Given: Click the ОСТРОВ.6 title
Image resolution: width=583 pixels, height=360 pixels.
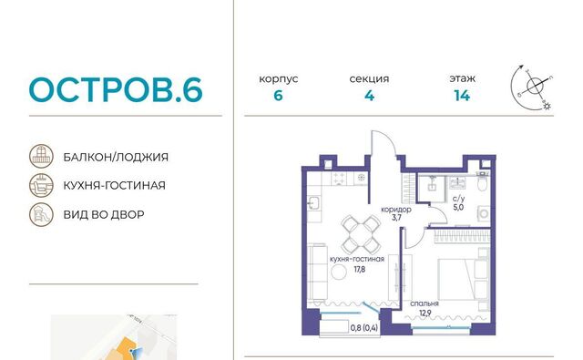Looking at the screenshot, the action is (x=116, y=89).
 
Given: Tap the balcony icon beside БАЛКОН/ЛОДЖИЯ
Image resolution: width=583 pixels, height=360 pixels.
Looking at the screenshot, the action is (x=41, y=156).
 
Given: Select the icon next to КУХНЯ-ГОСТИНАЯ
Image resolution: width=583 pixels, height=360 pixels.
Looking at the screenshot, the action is (x=41, y=185).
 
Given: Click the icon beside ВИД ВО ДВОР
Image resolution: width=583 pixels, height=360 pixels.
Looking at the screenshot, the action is (x=41, y=214).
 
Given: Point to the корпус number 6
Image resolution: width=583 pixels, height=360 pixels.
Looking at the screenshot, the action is (x=278, y=96).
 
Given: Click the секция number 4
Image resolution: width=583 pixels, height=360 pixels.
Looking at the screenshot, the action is (x=369, y=96).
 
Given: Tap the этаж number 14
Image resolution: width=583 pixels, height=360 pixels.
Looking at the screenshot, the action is (x=462, y=96).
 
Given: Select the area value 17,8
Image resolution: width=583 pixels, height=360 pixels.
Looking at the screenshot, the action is (x=359, y=269).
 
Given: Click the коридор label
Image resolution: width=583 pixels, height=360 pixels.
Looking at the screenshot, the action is (x=396, y=210).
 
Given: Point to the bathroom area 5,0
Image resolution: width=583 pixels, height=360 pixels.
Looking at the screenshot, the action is (x=458, y=208).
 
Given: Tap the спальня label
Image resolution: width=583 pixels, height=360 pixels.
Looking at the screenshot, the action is (x=424, y=303).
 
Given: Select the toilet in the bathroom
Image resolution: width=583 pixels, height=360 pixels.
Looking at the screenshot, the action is (x=482, y=181).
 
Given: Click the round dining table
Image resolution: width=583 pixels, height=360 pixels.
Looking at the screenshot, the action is (x=361, y=234).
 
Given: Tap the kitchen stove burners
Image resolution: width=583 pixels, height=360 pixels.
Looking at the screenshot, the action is (x=338, y=178).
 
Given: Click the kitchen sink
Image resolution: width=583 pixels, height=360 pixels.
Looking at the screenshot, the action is (x=313, y=203).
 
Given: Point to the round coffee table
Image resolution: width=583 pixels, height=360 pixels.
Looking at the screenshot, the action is (x=339, y=273).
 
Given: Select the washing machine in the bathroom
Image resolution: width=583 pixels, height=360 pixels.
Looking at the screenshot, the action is (x=484, y=214).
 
